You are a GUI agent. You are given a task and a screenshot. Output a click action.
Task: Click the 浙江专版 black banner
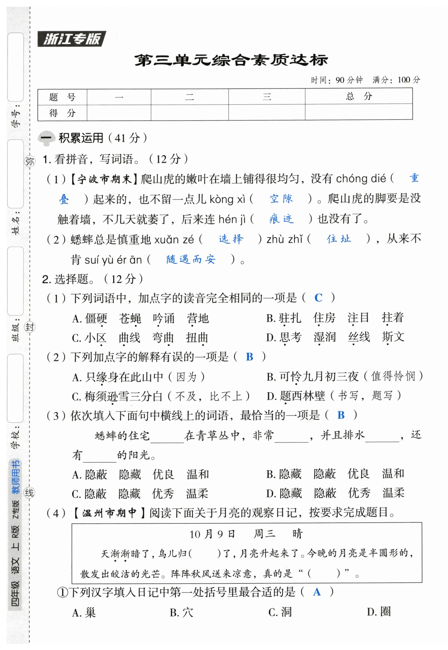click(72, 39)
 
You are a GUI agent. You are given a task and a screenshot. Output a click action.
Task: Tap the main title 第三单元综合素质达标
click(231, 60)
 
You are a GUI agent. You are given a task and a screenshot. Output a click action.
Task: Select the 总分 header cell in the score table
click(359, 96)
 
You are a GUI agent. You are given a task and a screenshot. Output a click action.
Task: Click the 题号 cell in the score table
click(62, 97)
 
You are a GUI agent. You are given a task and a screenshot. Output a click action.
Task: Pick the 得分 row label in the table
click(62, 113)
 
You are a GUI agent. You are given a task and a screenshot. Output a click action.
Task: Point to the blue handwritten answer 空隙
click(281, 199)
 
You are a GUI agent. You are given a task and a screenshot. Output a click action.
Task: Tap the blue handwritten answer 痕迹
click(281, 219)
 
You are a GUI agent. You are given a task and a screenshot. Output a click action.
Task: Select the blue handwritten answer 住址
click(338, 239)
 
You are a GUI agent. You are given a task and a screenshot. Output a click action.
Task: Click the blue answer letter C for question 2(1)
click(318, 298)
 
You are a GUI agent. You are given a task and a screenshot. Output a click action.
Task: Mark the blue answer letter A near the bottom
click(317, 592)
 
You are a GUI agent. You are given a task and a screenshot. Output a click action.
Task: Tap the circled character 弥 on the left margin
click(30, 161)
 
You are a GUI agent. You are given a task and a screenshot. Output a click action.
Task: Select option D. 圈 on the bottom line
click(378, 612)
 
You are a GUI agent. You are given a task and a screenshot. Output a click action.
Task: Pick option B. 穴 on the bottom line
click(181, 612)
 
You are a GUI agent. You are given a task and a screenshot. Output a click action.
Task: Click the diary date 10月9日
click(212, 534)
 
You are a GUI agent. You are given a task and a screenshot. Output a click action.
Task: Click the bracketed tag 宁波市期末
click(104, 179)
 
